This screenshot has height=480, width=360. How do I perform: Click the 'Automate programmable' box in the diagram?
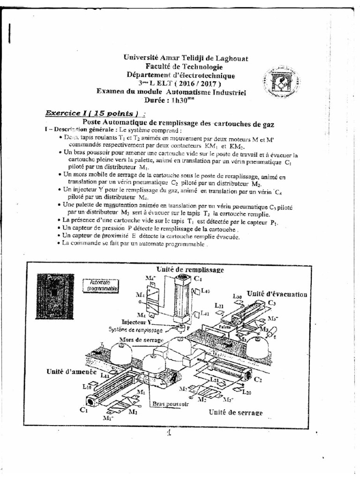[x=100, y=286]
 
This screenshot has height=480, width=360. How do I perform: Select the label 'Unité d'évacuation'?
[x=277, y=294]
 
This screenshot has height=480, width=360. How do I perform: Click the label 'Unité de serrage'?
[x=235, y=412]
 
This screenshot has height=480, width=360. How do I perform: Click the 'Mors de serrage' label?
[x=135, y=339]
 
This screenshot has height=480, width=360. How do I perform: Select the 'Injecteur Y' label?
[x=137, y=322]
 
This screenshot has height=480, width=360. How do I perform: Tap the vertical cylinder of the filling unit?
[x=180, y=300]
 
